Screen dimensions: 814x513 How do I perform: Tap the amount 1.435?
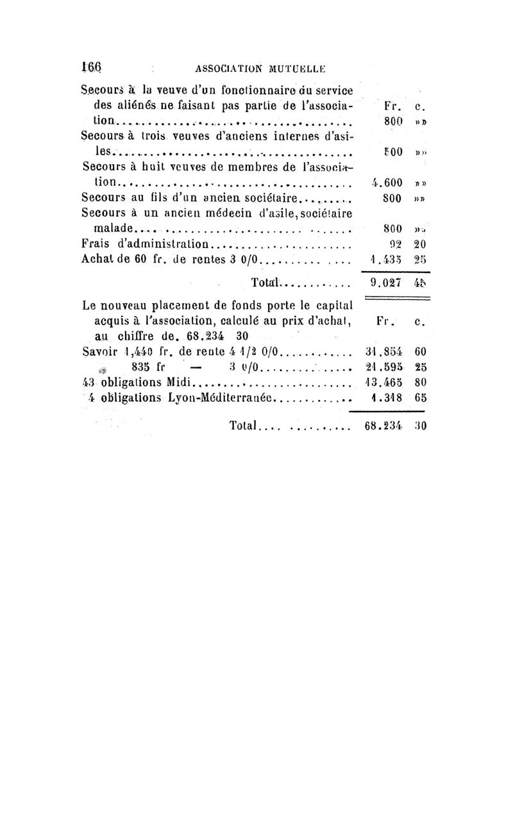pyautogui.click(x=386, y=261)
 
